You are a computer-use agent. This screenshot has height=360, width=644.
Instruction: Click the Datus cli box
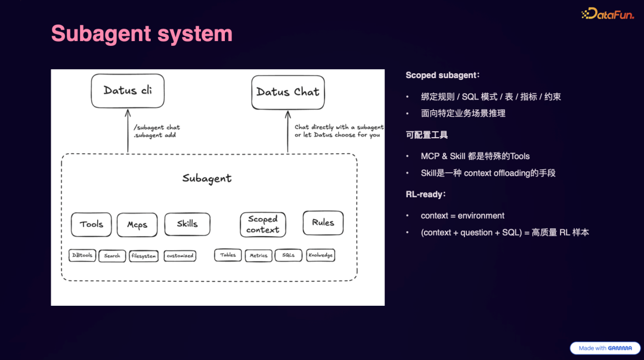pyautogui.click(x=128, y=91)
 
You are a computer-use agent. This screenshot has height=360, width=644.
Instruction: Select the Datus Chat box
pyautogui.click(x=288, y=92)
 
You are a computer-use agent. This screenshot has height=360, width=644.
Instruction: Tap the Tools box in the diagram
pyautogui.click(x=91, y=224)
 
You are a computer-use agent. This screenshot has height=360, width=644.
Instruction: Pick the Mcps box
pyautogui.click(x=137, y=225)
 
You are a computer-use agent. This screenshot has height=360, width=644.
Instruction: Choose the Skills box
pyautogui.click(x=187, y=224)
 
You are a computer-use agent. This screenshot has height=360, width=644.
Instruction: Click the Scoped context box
pyautogui.click(x=263, y=224)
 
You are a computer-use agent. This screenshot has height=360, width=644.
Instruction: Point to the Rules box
pyautogui.click(x=323, y=222)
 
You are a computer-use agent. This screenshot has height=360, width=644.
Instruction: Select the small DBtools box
pyautogui.click(x=82, y=255)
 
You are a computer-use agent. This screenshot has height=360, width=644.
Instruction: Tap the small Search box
pyautogui.click(x=112, y=256)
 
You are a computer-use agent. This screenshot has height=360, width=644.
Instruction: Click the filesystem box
pyautogui.click(x=144, y=256)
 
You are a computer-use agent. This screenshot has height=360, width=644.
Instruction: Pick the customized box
pyautogui.click(x=180, y=256)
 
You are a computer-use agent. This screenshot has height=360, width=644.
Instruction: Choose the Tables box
pyautogui.click(x=228, y=255)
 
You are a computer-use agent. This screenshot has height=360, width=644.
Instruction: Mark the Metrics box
pyautogui.click(x=258, y=256)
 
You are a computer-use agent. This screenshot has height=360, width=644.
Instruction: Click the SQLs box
pyautogui.click(x=289, y=255)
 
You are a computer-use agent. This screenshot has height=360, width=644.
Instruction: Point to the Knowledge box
pyautogui.click(x=321, y=255)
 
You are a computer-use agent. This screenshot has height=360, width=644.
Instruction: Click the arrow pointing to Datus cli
pyautogui.click(x=128, y=131)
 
